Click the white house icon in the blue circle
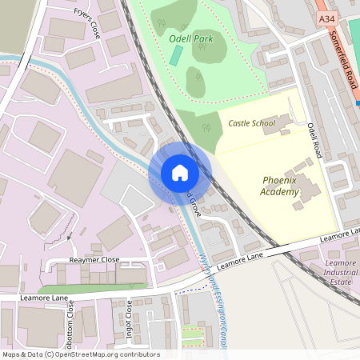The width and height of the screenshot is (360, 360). coord(180,173)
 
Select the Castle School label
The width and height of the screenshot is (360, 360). coord(251,123)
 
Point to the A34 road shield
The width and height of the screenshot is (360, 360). coord(326,18)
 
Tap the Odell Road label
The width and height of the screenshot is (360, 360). coord(312,140)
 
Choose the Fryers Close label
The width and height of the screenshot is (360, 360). coord(86,23)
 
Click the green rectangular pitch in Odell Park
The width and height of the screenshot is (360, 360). coord(175,55)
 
